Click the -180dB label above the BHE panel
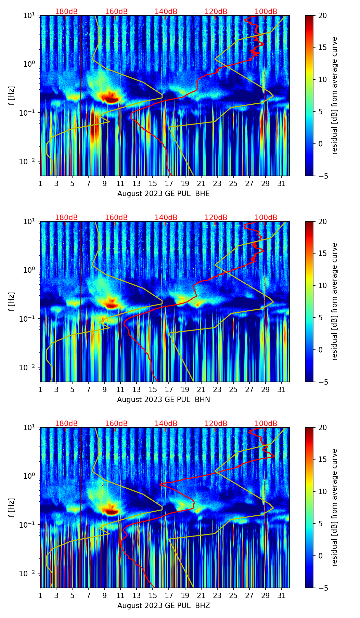pos(65,12)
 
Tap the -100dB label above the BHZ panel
pos(265,424)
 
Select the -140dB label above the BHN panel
pos(165,218)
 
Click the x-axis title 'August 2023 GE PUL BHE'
pos(163,194)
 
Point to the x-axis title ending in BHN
pos(163,400)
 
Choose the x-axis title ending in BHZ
pos(163,606)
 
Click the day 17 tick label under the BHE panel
pos(169,183)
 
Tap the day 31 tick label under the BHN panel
pos(281,389)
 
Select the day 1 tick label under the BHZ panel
pos(40,595)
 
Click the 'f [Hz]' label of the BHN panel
pos(12,301)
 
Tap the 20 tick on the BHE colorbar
pos(322,15)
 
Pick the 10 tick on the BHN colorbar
pos(322,285)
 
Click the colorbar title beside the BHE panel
pos(334,95)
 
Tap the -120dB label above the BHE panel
pos(215,12)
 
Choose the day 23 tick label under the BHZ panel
pos(217,595)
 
